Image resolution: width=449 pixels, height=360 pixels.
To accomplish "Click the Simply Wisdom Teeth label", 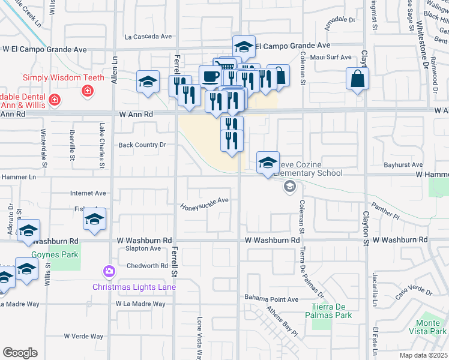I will [64, 77].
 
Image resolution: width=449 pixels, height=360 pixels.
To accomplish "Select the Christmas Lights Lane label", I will [134, 287].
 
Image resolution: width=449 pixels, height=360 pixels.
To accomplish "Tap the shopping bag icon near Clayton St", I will [357, 79].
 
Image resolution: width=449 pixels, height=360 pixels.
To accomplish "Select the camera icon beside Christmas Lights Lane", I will [109, 272].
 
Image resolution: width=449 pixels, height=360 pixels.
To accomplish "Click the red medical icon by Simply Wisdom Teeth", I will [88, 91].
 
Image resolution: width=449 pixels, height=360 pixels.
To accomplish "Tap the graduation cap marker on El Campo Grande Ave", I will [244, 47].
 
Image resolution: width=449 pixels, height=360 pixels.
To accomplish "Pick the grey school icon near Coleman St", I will [290, 187].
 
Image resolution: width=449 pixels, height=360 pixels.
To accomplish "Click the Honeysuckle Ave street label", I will [205, 203].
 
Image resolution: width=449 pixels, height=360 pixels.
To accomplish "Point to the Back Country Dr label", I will [142, 145].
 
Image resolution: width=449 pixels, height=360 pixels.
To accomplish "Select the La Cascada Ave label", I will [148, 37].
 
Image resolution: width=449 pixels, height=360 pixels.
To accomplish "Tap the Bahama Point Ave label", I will [271, 299].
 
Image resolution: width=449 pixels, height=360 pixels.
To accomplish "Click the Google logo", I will [20, 352].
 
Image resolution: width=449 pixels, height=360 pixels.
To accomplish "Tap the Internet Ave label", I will [88, 193].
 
